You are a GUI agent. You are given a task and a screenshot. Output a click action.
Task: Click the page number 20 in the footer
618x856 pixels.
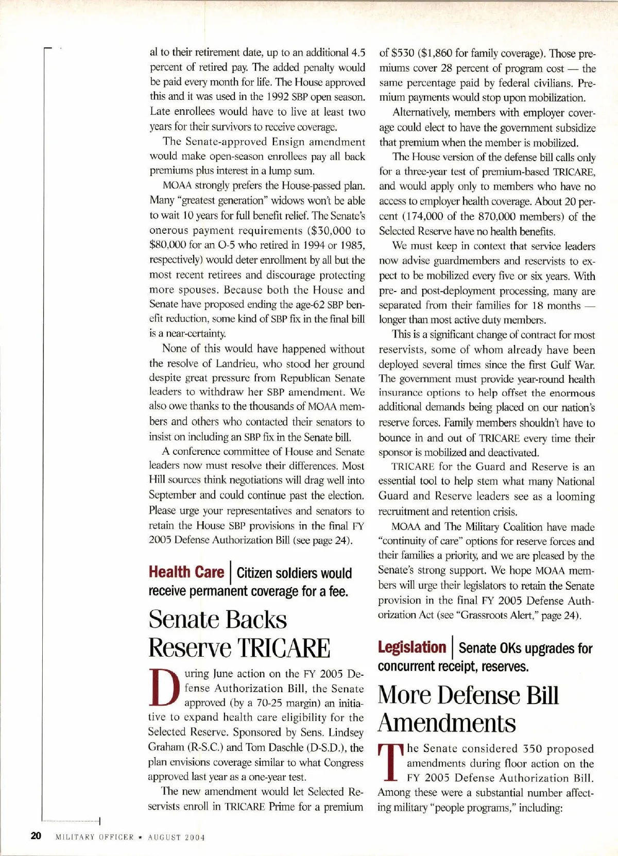(36, 835)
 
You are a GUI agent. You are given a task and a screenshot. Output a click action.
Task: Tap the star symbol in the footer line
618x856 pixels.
(140, 837)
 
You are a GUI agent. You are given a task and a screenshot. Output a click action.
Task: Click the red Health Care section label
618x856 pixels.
(186, 572)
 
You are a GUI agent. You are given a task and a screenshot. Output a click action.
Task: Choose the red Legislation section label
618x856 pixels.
(411, 647)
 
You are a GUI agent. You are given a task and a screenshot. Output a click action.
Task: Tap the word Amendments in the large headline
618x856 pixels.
(447, 723)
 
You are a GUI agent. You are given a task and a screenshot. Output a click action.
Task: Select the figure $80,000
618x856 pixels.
(168, 245)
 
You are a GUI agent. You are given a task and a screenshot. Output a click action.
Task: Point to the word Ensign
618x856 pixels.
(290, 142)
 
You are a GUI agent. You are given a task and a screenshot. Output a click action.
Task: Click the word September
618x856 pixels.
(172, 495)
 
